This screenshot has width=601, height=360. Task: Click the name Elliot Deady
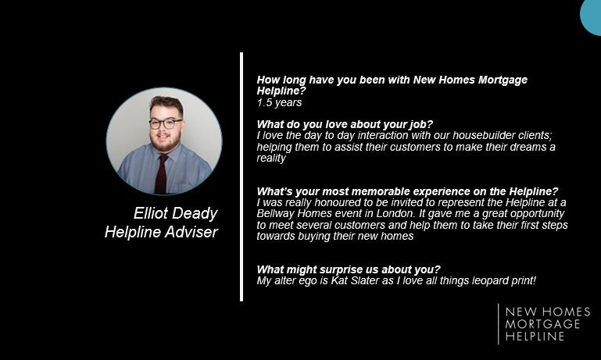pyautogui.click(x=175, y=213)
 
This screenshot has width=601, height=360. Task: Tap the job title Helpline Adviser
pyautogui.click(x=161, y=232)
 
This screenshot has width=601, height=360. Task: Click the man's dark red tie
pyautogui.click(x=161, y=172)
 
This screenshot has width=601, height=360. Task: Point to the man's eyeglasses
pyautogui.click(x=165, y=123)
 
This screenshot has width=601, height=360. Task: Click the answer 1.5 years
pyautogui.click(x=279, y=102)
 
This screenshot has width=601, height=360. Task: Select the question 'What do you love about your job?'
pyautogui.click(x=345, y=124)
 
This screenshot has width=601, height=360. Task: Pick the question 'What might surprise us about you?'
pyautogui.click(x=349, y=269)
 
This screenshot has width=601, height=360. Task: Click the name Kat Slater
pyautogui.click(x=360, y=280)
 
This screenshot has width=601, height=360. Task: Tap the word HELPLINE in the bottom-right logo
pyautogui.click(x=535, y=336)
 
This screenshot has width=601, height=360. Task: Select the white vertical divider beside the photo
pyautogui.click(x=241, y=176)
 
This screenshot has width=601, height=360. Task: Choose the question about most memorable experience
pyautogui.click(x=407, y=191)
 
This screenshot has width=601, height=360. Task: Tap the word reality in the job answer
pyautogui.click(x=271, y=158)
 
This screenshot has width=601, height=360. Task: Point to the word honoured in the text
pyautogui.click(x=335, y=202)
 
